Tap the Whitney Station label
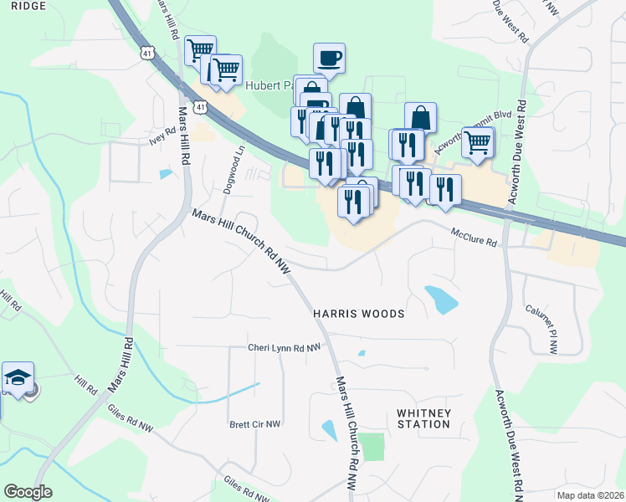pos(423,418)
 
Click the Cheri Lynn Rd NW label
pos(284,347)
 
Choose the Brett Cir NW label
pos(255,424)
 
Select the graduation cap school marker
pos(18,378)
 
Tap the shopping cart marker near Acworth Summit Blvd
pos(477,142)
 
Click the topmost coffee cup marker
pos(329,59)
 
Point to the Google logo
pos(28,492)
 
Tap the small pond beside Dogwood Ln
pos(167,174)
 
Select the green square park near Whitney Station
pos(372,446)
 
